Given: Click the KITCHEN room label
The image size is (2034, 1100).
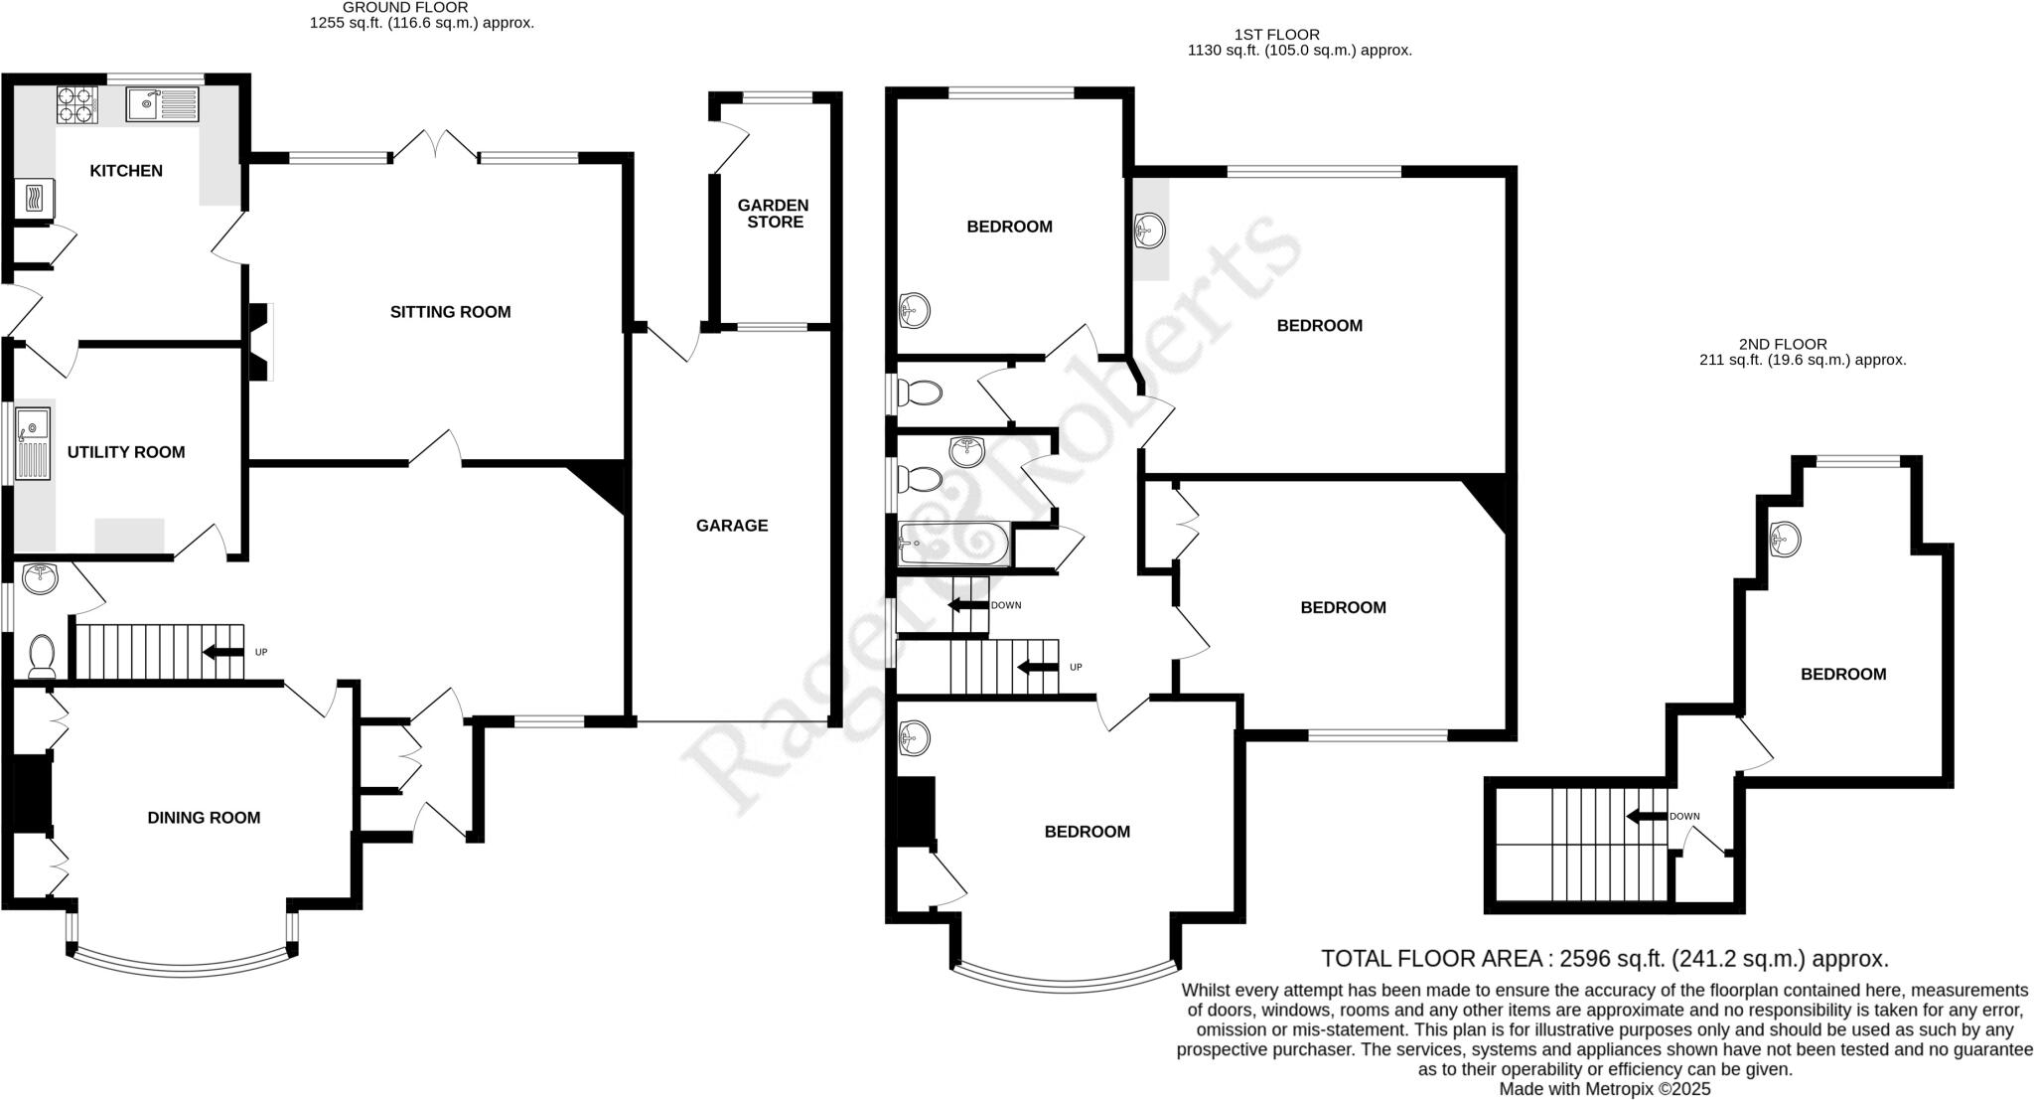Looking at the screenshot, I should click(x=126, y=171).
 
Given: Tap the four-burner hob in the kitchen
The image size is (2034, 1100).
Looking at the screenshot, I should click(x=76, y=105).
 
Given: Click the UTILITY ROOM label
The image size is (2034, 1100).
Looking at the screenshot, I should click(x=126, y=452).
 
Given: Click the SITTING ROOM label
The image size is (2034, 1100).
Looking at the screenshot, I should click(x=450, y=312).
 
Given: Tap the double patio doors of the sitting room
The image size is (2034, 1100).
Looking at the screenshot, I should click(x=434, y=147).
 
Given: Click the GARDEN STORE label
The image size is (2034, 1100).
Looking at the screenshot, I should click(x=775, y=214).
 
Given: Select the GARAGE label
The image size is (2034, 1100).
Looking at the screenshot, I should click(x=732, y=526).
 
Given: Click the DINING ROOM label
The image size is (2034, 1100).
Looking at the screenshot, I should click(x=204, y=818).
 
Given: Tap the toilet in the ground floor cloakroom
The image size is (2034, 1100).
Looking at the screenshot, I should click(x=42, y=656).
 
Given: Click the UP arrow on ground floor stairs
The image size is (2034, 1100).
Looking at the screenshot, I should click(x=224, y=652).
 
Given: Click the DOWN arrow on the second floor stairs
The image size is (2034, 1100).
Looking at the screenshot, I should click(x=1647, y=816).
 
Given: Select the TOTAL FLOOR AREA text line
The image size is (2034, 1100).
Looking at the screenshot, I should click(x=1604, y=959).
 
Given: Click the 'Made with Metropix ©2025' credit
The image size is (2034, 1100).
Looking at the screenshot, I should click(x=1604, y=1089).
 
